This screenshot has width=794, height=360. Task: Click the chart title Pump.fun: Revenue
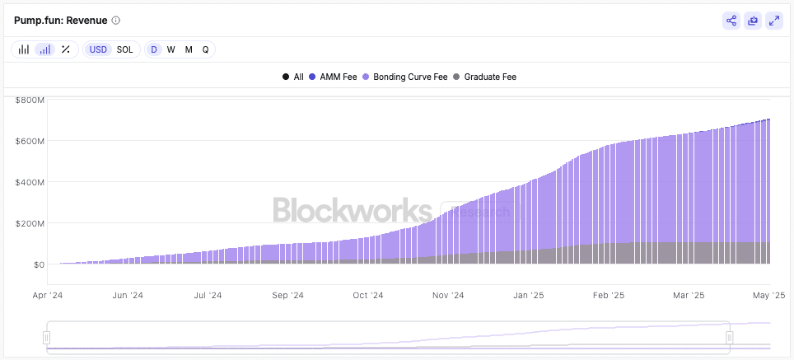60,20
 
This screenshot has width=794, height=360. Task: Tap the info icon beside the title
115,21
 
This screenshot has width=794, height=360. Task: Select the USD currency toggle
99,49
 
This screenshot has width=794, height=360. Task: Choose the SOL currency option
124,49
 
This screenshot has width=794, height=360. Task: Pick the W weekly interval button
170,49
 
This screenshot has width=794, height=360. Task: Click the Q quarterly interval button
205,49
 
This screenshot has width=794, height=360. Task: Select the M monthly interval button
189,49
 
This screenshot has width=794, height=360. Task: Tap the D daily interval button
153,49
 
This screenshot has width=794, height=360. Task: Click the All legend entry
293,77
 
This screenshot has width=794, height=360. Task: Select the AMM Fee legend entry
333,77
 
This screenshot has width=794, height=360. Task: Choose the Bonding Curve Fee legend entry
404,77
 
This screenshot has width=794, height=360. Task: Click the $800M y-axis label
29,100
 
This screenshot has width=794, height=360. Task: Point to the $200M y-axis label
29,223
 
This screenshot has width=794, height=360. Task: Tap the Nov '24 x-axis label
447,295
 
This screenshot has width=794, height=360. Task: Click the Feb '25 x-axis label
608,295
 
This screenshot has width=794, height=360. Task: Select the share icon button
731,21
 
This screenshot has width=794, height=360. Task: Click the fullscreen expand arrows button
773,21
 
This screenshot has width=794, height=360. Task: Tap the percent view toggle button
66,49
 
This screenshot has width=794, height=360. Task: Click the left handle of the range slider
47,337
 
